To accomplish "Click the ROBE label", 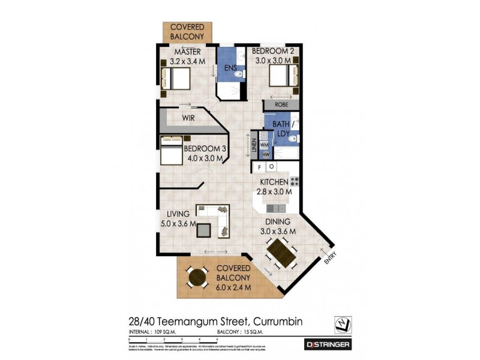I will click(281, 104).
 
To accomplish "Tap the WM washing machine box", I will click(265, 145).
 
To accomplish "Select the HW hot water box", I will click(265, 155).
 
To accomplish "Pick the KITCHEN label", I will click(275, 182).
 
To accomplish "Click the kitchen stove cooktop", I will click(294, 181).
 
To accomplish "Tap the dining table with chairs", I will click(280, 252).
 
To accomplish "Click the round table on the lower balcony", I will click(196, 277).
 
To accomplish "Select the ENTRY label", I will click(329, 257).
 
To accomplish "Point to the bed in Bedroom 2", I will click(283, 77).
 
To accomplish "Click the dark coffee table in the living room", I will click(205, 230).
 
